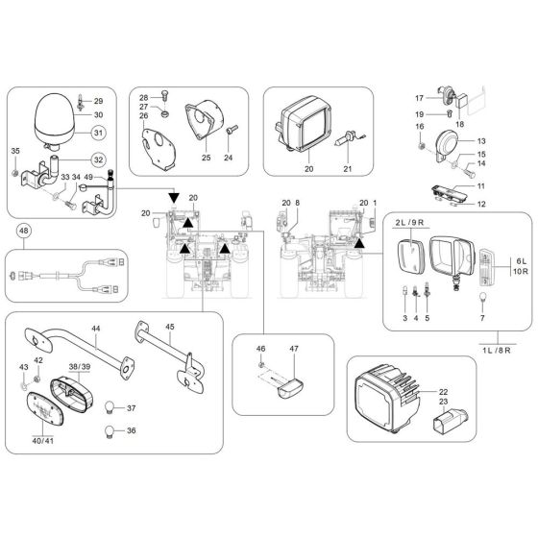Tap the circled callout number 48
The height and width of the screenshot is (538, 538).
click(24, 231)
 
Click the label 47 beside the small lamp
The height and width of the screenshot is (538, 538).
click(294, 350)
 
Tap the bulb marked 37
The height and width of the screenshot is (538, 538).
click(110, 406)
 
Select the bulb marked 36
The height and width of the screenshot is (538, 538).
click(110, 432)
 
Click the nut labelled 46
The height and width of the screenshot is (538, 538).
click(261, 366)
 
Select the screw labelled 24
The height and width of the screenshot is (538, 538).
click(231, 144)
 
